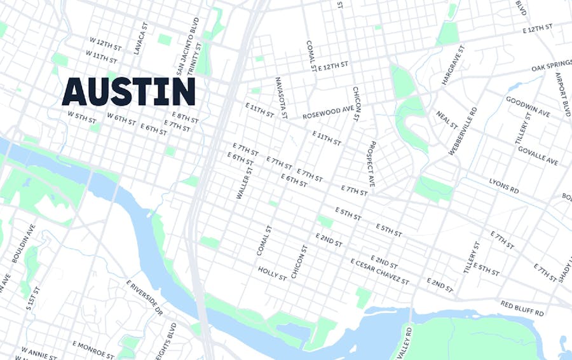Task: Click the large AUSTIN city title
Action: (128, 92)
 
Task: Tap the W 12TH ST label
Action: (106, 43)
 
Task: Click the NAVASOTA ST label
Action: (282, 98)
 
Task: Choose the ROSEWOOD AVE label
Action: (327, 113)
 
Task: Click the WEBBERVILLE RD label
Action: (463, 131)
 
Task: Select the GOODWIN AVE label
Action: (528, 106)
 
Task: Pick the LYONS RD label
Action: (504, 186)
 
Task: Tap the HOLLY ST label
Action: (273, 273)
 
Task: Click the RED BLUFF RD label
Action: (522, 308)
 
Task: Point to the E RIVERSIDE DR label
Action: (144, 298)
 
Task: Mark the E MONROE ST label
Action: (92, 347)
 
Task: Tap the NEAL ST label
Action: (447, 119)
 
